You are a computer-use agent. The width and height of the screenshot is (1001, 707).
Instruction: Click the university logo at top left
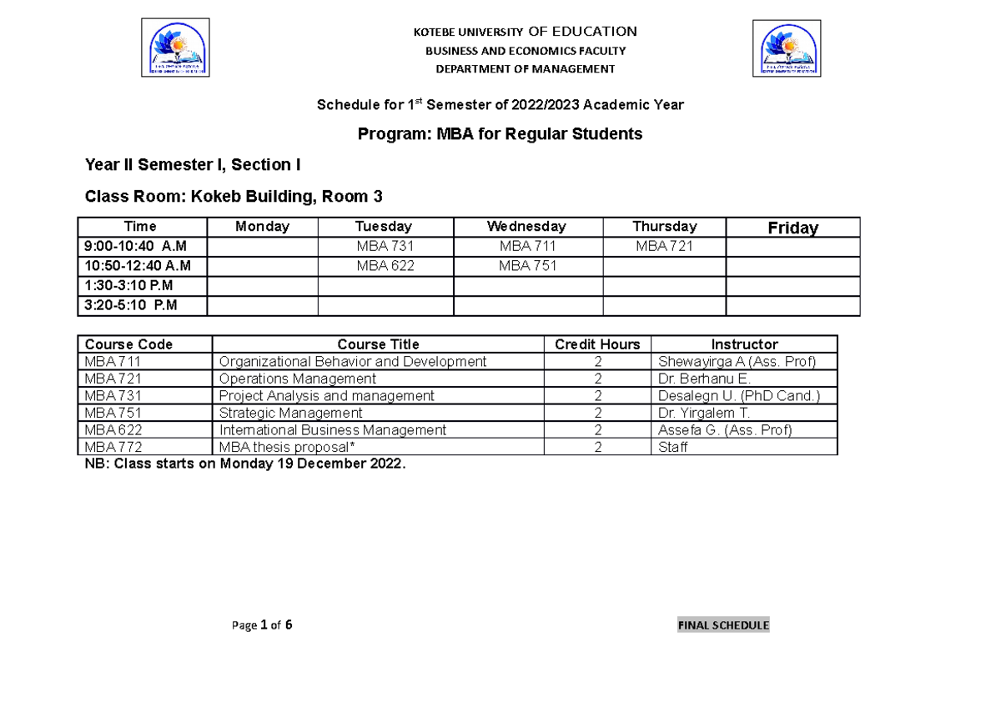click(x=175, y=48)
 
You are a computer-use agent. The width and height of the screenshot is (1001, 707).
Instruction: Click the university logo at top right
click(x=787, y=48)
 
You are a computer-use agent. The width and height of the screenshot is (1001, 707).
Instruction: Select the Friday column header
click(x=792, y=228)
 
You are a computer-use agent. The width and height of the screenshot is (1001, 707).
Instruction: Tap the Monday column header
click(x=262, y=227)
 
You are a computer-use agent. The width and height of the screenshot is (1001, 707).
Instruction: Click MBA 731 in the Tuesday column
click(x=385, y=247)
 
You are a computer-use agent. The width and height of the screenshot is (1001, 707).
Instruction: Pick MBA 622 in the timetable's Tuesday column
click(x=385, y=266)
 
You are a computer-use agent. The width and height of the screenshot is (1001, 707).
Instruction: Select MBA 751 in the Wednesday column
click(x=527, y=266)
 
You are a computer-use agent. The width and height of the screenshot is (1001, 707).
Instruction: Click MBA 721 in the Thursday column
click(x=664, y=247)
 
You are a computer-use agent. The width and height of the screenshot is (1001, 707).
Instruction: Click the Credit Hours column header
click(x=597, y=344)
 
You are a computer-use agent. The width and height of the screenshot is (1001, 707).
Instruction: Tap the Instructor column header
click(x=744, y=344)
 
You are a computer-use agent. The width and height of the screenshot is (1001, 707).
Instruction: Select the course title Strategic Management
click(x=290, y=413)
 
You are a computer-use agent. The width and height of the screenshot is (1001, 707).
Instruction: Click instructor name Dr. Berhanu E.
click(x=705, y=379)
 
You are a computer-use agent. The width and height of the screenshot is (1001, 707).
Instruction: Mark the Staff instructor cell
click(x=673, y=448)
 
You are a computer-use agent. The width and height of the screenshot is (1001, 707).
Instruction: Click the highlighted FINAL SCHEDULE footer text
click(x=723, y=625)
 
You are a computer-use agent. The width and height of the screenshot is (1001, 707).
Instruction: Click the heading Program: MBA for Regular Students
click(x=500, y=134)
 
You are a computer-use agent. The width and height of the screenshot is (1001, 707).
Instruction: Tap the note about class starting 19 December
click(x=245, y=464)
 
